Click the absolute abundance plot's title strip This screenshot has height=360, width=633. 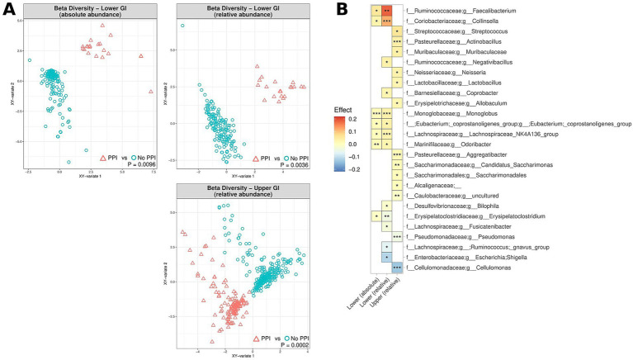coord(86,12)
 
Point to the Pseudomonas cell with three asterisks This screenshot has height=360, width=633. coord(397,237)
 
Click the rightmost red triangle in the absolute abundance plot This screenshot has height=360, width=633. coord(152,90)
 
